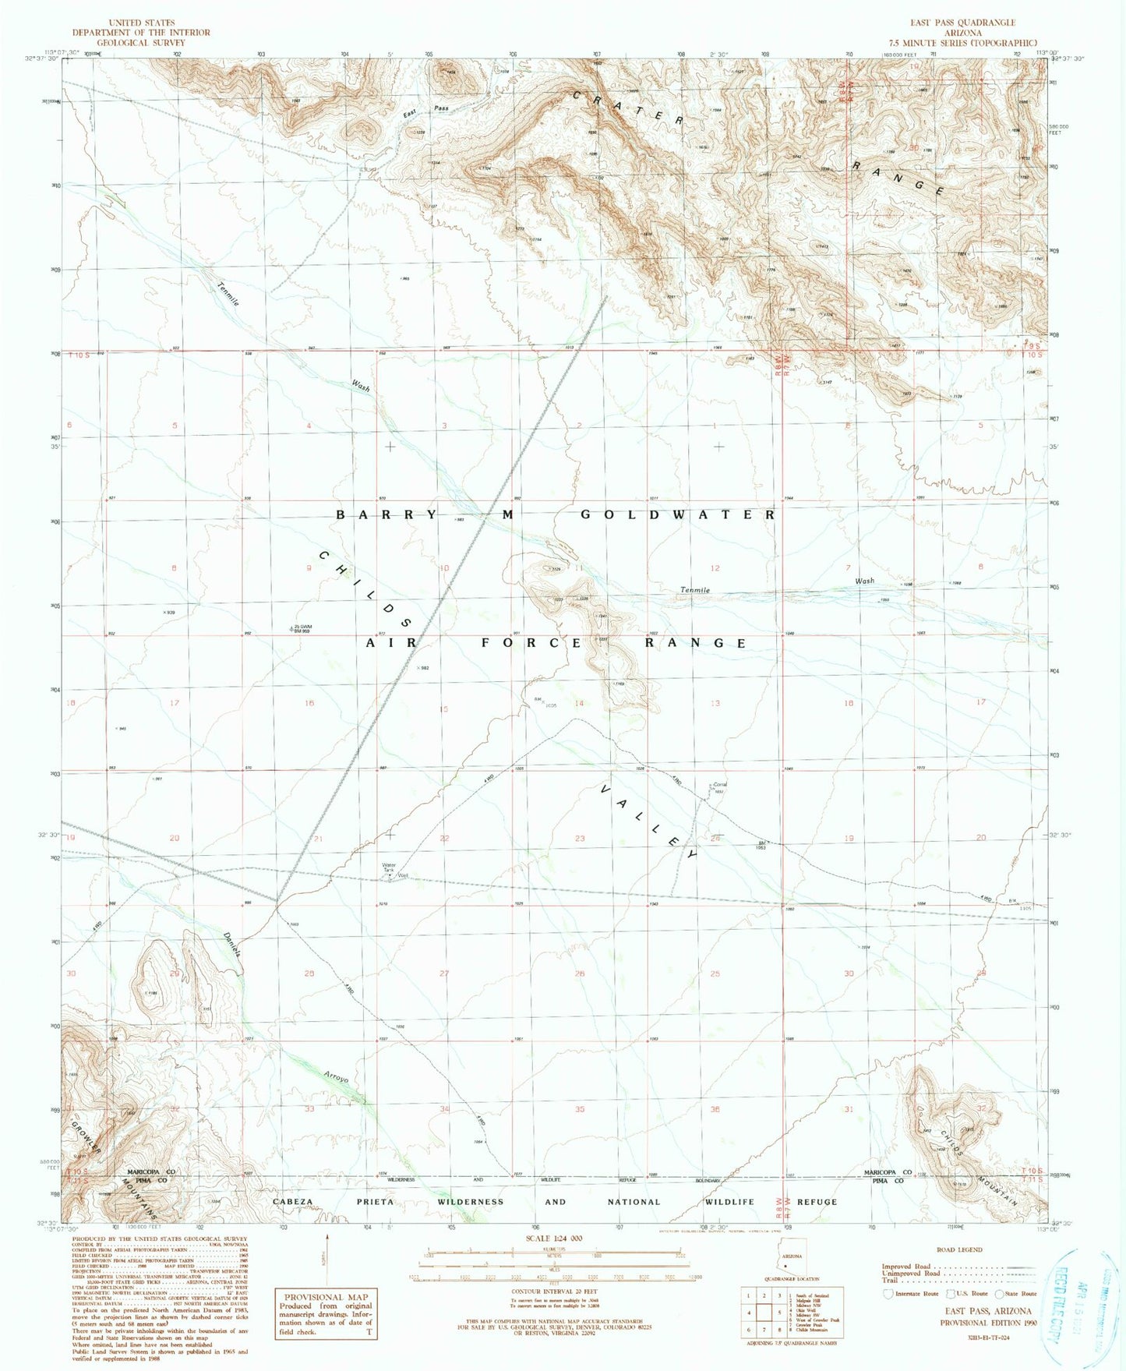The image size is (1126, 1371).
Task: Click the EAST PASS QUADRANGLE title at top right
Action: point(963,23)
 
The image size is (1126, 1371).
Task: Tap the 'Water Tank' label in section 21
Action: point(388,867)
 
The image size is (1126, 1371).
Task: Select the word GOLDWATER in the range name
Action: point(678,515)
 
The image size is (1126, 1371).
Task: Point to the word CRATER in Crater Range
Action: point(628,108)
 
